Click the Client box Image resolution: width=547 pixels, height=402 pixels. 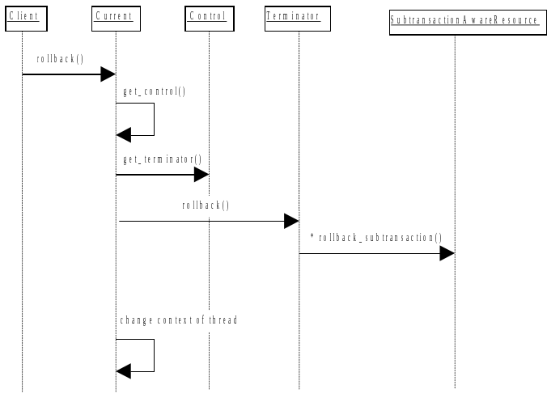[x=23, y=18]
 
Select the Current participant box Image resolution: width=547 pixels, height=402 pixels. [x=115, y=18]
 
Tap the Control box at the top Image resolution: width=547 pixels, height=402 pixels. [x=208, y=18]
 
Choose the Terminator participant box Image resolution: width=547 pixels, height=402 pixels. [x=298, y=18]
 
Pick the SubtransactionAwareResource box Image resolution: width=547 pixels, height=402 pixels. [x=464, y=20]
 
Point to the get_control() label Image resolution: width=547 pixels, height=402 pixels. [x=154, y=91]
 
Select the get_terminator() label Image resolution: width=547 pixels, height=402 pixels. [x=163, y=159]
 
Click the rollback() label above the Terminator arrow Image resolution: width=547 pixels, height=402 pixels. [x=206, y=205]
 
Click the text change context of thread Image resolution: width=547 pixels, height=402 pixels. [x=179, y=320]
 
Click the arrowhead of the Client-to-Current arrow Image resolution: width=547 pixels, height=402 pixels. [x=108, y=74]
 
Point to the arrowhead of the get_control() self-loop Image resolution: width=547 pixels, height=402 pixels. [x=123, y=135]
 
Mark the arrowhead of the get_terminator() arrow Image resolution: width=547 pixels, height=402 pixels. [x=201, y=175]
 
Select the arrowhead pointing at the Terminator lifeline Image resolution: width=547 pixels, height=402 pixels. [x=291, y=221]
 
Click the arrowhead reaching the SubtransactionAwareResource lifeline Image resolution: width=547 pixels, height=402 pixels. [x=447, y=253]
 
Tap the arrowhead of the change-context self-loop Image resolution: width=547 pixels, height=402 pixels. [x=123, y=371]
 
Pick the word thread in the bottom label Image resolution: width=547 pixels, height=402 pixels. [x=223, y=320]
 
